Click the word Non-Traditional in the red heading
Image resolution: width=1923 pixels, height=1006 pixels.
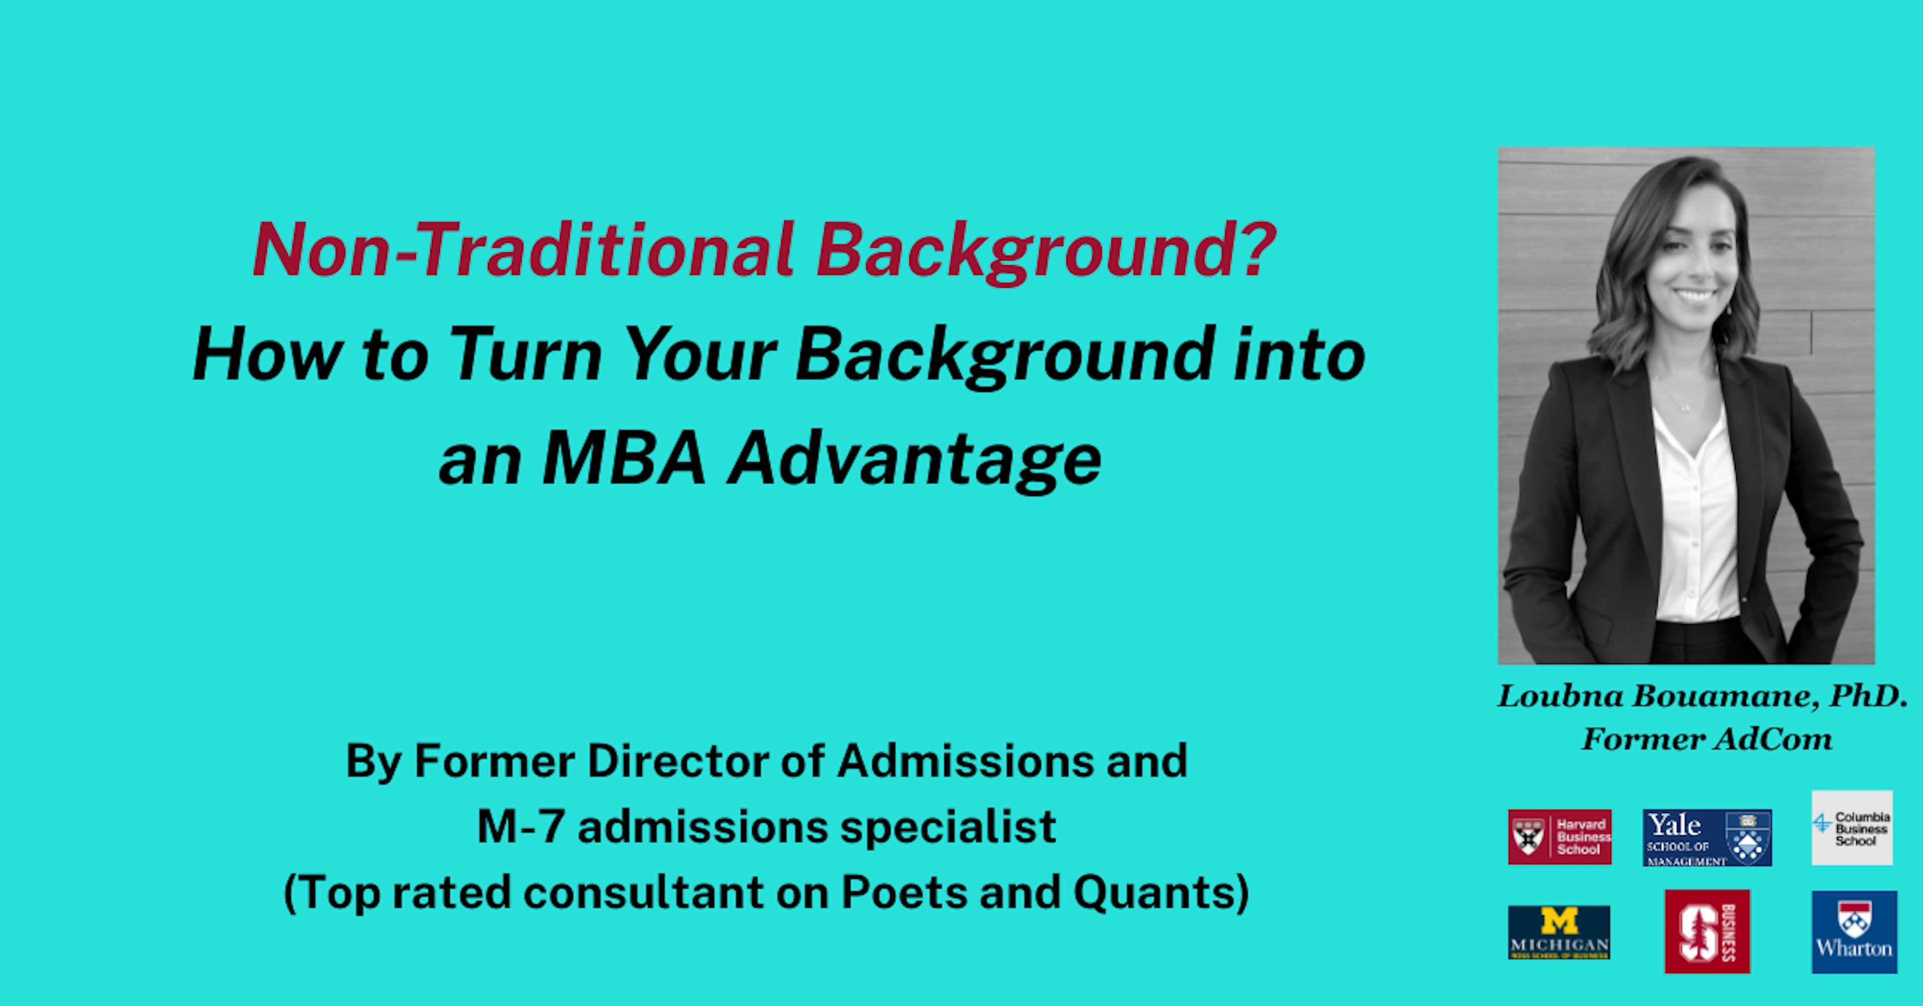pos(522,250)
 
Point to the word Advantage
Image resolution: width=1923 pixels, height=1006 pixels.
pos(914,460)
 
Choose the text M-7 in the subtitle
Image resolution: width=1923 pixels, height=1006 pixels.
pos(520,827)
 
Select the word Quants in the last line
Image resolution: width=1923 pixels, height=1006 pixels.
pos(1153,892)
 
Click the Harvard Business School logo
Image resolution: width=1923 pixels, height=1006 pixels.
pos(1559,837)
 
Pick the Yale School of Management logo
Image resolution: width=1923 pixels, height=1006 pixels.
pos(1707,837)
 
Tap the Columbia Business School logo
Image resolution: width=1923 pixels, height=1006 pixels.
pos(1851,828)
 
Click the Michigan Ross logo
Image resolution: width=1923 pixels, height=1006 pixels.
pos(1559,931)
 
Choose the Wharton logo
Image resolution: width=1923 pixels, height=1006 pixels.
pos(1853,931)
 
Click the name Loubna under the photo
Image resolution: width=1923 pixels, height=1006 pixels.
pos(1560,696)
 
